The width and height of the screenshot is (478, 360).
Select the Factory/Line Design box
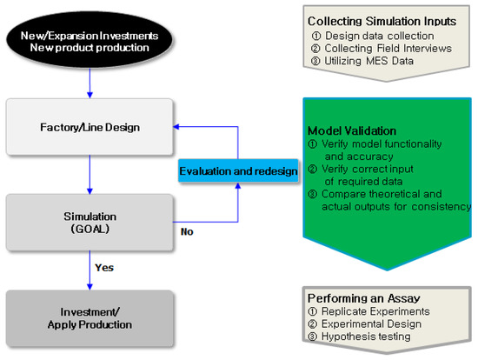tap(91, 128)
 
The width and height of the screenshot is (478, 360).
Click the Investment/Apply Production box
tap(91, 317)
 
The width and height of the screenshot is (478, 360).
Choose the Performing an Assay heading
tap(363, 297)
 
